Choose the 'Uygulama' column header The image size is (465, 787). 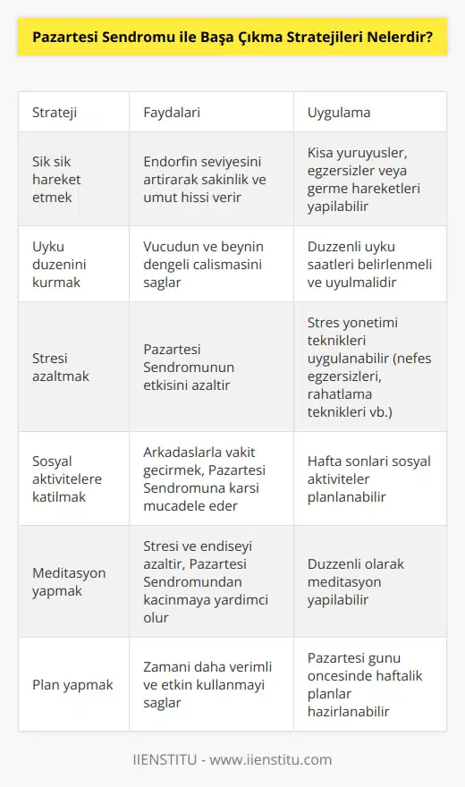(x=339, y=113)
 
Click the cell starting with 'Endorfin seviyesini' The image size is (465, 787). (x=205, y=179)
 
